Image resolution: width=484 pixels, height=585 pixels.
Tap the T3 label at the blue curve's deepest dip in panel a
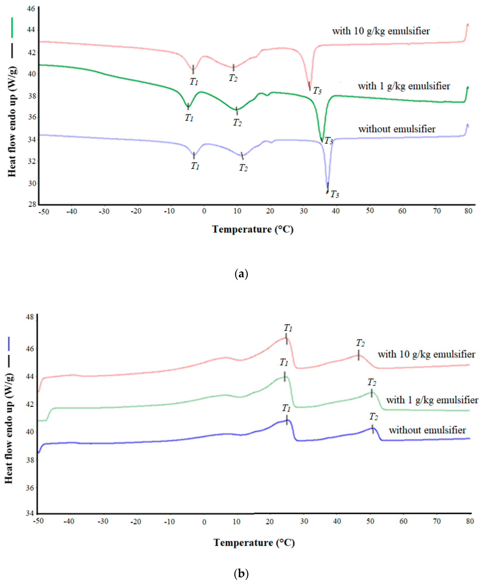tap(335, 194)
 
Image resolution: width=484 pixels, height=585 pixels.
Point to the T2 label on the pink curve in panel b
tap(360, 343)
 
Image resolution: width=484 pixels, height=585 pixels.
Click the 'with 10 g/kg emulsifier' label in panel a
tap(381, 31)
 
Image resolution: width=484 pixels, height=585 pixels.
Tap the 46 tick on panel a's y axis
tap(31, 9)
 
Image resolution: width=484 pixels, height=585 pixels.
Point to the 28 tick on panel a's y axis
tap(32, 204)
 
